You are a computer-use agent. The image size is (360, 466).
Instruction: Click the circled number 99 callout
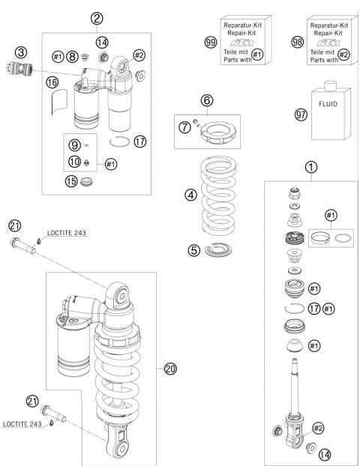click(211, 42)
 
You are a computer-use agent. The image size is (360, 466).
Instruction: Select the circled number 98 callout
click(297, 42)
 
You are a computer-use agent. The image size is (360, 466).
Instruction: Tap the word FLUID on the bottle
click(328, 104)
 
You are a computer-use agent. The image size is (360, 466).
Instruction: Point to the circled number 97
click(301, 114)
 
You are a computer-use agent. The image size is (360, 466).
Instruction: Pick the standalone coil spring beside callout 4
click(218, 195)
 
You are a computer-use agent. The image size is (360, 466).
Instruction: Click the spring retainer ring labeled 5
click(219, 249)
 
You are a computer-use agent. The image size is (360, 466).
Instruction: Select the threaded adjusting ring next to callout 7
click(218, 133)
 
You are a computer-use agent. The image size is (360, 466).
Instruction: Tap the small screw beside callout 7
click(196, 122)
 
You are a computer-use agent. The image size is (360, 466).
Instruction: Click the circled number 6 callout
click(207, 100)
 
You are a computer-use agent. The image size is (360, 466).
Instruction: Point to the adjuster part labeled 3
click(19, 68)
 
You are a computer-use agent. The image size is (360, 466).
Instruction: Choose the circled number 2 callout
click(97, 19)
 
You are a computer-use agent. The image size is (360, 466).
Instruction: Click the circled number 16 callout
click(52, 82)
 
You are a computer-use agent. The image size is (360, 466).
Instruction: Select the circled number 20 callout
click(170, 369)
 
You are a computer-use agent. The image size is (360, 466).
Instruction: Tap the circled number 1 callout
click(311, 167)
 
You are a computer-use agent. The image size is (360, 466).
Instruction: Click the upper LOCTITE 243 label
click(67, 233)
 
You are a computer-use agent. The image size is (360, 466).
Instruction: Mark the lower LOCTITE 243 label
click(22, 424)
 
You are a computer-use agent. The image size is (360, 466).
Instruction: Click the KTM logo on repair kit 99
click(242, 43)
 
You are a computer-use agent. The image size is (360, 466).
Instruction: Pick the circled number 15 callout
click(71, 181)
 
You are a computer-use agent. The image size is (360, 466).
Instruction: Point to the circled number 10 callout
click(74, 162)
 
